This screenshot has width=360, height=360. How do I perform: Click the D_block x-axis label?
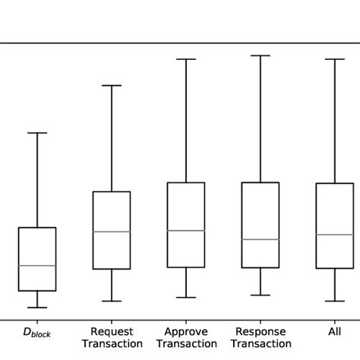pos(37,333)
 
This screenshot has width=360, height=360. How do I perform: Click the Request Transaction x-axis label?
pos(112,338)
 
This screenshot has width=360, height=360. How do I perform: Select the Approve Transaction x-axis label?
pos(186,338)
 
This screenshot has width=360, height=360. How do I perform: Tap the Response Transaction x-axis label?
pos(261,338)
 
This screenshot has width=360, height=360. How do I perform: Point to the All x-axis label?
pos(334,332)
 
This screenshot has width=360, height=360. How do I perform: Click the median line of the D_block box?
pos(37,265)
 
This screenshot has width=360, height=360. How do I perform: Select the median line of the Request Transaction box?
pos(112,232)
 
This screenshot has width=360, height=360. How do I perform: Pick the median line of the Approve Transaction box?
pos(186,230)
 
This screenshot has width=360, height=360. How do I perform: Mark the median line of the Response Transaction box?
pos(261,239)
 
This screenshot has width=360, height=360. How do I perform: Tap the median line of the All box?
pos(334,235)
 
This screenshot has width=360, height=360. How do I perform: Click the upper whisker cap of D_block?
pos(37,133)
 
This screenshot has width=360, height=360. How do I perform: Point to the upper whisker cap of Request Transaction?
pos(112,85)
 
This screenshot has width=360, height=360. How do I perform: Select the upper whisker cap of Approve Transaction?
pos(186,58)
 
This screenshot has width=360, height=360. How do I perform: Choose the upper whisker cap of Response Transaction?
pos(261,55)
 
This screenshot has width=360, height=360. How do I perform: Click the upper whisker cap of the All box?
pos(334,58)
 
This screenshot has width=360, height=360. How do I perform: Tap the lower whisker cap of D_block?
pos(37,308)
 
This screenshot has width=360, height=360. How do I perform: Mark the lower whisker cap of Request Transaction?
pos(112,302)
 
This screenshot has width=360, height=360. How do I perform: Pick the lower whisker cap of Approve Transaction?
pos(186,298)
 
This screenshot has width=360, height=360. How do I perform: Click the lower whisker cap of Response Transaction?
pos(261,295)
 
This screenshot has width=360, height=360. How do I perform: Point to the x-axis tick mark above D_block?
pos(37,322)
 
